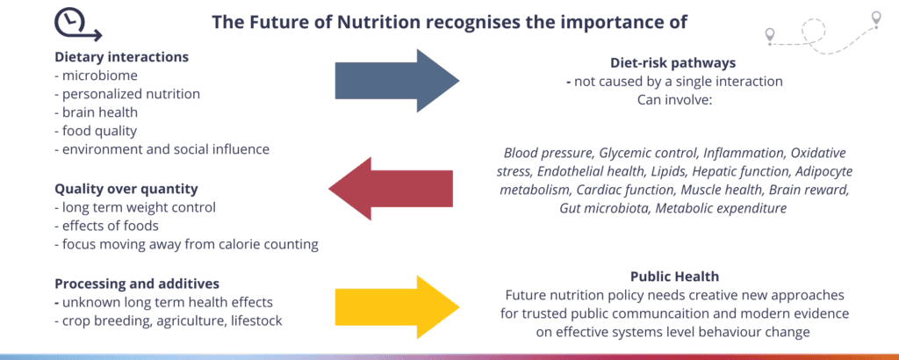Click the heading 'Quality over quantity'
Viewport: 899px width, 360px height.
click(126, 188)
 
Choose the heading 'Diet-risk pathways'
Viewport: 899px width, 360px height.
click(672, 62)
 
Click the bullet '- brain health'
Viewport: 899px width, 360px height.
click(97, 112)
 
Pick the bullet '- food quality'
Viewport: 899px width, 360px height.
click(96, 131)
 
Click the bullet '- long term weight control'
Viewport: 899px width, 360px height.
click(134, 207)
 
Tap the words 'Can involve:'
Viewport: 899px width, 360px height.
click(672, 100)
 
